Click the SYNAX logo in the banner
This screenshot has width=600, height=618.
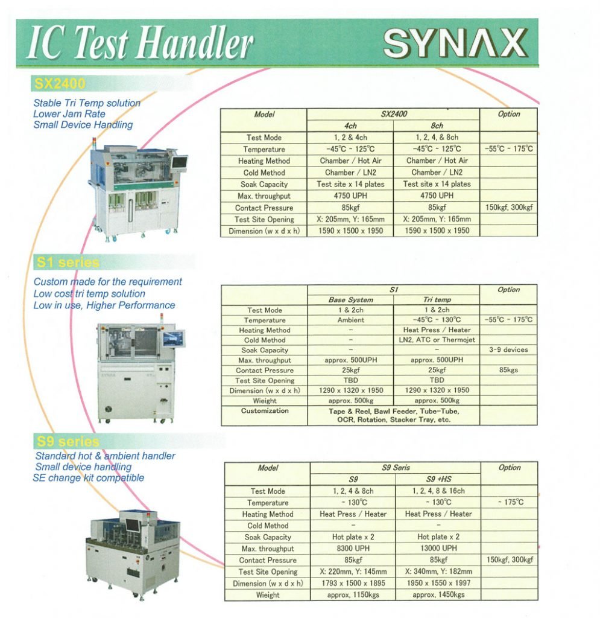point(455,43)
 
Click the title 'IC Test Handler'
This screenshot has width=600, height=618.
point(140,43)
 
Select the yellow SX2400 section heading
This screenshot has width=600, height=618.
point(60,84)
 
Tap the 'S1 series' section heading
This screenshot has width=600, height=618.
point(68,263)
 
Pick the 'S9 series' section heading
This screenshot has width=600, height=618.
point(68,441)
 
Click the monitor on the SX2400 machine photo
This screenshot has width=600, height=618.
point(180,164)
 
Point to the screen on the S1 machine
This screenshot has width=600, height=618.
point(174,339)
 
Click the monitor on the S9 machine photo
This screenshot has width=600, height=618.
point(133,524)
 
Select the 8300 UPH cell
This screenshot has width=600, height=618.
point(353,548)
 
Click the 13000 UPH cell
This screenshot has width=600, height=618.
point(438,548)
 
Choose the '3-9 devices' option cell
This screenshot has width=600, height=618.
point(508,349)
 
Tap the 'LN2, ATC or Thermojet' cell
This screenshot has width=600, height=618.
point(437,340)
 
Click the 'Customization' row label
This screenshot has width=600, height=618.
point(265,410)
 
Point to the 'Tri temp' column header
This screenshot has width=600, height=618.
point(437,299)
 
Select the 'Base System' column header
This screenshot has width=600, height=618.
point(351,299)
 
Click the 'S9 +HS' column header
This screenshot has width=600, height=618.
point(438,479)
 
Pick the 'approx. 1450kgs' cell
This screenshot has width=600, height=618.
point(438,594)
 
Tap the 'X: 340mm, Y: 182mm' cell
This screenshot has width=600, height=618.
point(438,572)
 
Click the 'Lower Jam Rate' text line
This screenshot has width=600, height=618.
point(69,114)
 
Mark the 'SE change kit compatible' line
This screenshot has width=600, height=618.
point(89,478)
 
